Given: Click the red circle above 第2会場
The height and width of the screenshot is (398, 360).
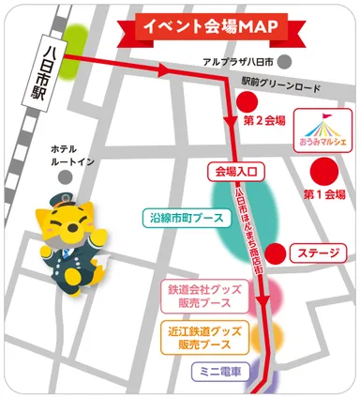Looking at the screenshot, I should click(x=247, y=100).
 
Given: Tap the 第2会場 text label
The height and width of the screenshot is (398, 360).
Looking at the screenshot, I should click(x=263, y=121).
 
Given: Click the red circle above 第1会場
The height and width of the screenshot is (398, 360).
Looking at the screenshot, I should click(x=324, y=171).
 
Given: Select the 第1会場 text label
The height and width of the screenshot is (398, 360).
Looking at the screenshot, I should click(x=324, y=194).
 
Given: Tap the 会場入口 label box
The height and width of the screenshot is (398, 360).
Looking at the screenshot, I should click(x=235, y=172).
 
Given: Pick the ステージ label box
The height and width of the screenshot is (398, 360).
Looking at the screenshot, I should click(x=319, y=252).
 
